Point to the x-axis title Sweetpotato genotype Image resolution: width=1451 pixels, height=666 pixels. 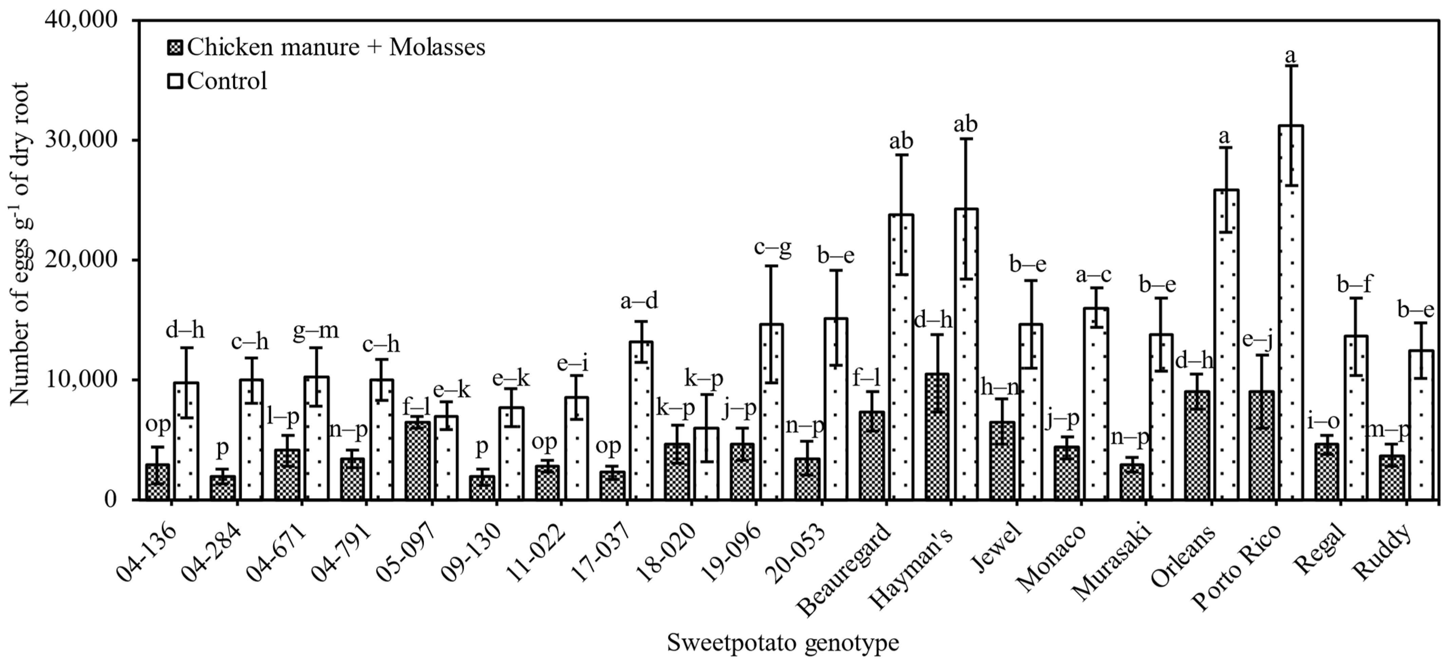coord(783,642)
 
